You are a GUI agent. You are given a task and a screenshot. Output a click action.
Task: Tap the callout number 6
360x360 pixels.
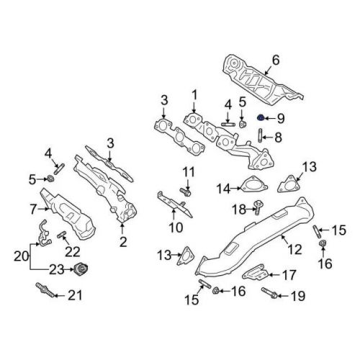pyautogui.click(x=274, y=60)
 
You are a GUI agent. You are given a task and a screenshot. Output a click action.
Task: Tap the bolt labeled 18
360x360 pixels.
pyautogui.click(x=255, y=208)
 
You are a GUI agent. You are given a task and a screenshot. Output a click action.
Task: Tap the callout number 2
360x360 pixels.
pyautogui.click(x=122, y=242)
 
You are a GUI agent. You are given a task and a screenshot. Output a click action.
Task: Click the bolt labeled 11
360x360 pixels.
pyautogui.click(x=186, y=192)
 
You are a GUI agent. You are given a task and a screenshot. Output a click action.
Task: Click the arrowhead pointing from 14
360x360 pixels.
pyautogui.click(x=235, y=189)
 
